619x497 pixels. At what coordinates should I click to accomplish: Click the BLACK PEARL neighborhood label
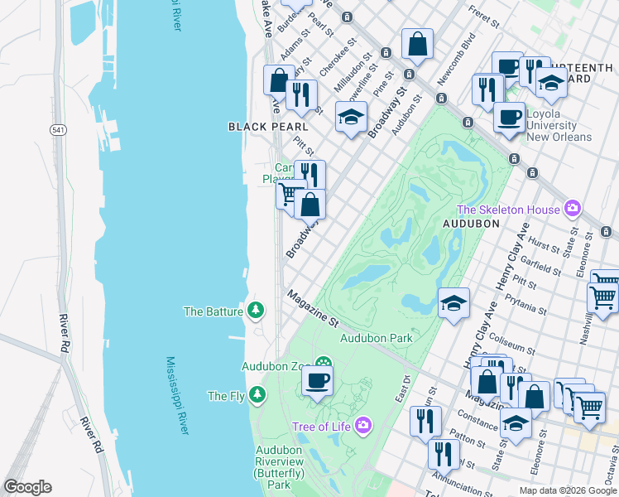[268, 127]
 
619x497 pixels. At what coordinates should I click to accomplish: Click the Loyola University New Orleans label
[559, 125]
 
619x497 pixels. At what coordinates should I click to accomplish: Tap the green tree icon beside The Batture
[257, 311]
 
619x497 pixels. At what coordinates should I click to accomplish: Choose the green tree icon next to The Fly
[259, 395]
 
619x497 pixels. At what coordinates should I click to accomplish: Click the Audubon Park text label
[376, 338]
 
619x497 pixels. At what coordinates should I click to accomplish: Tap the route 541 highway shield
[58, 130]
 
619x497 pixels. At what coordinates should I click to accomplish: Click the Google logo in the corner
[27, 487]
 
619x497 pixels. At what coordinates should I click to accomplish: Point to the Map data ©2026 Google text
[567, 490]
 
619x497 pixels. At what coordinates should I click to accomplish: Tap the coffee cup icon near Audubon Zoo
[317, 382]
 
